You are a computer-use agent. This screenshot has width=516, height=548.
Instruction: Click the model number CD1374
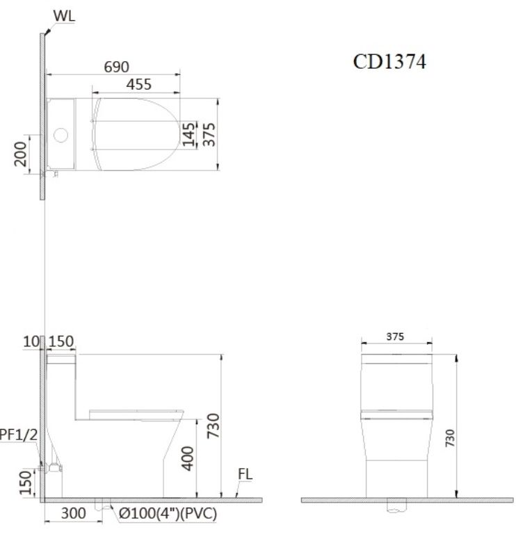tap(389, 62)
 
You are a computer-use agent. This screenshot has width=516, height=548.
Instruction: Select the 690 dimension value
tap(116, 67)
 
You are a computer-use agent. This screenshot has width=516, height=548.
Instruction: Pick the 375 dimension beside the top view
tap(208, 133)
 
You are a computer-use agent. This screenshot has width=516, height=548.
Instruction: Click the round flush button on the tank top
tap(62, 134)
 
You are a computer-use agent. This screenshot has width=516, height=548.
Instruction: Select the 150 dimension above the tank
tap(62, 341)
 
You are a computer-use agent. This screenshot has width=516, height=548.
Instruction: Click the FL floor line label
tap(245, 474)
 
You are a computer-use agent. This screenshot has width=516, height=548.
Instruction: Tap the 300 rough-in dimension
tap(73, 514)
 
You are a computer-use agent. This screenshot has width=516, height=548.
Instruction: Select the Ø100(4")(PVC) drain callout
tap(166, 514)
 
